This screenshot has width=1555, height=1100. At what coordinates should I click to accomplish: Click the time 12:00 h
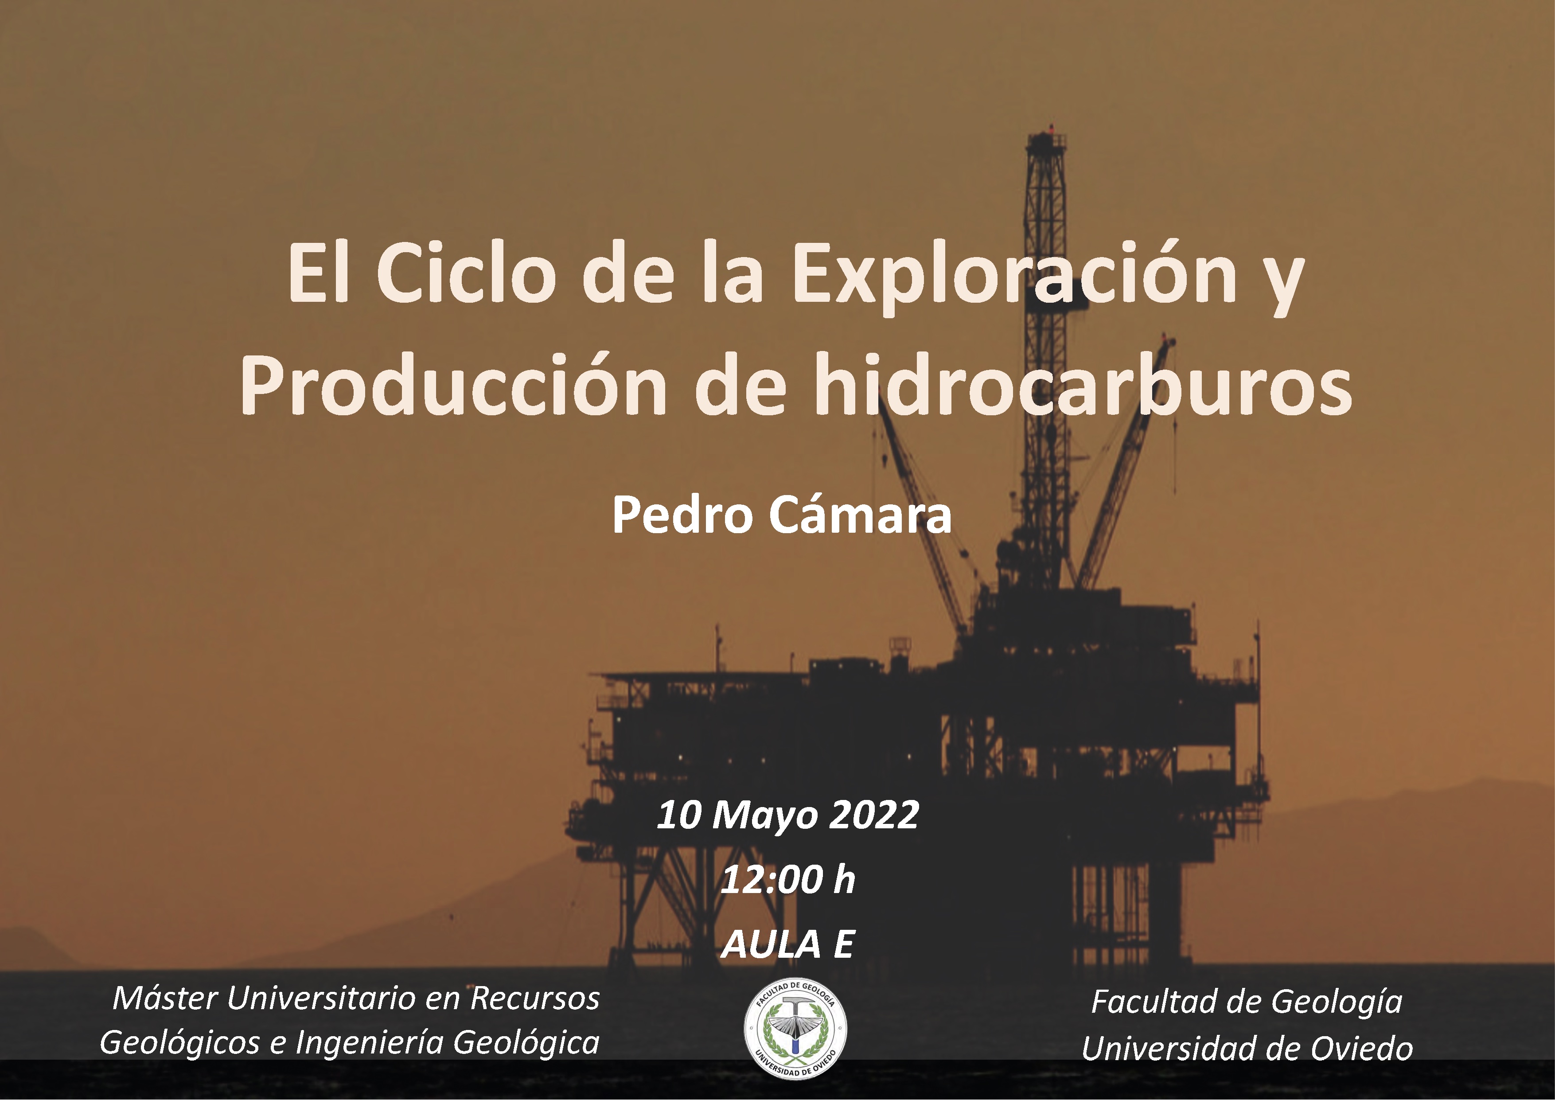tap(787, 880)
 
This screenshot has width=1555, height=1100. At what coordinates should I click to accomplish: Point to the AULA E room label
tap(787, 944)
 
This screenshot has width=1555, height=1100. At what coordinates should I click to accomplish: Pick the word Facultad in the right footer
tap(1148, 1002)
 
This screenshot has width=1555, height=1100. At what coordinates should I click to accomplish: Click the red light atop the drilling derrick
tap(1051, 127)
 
